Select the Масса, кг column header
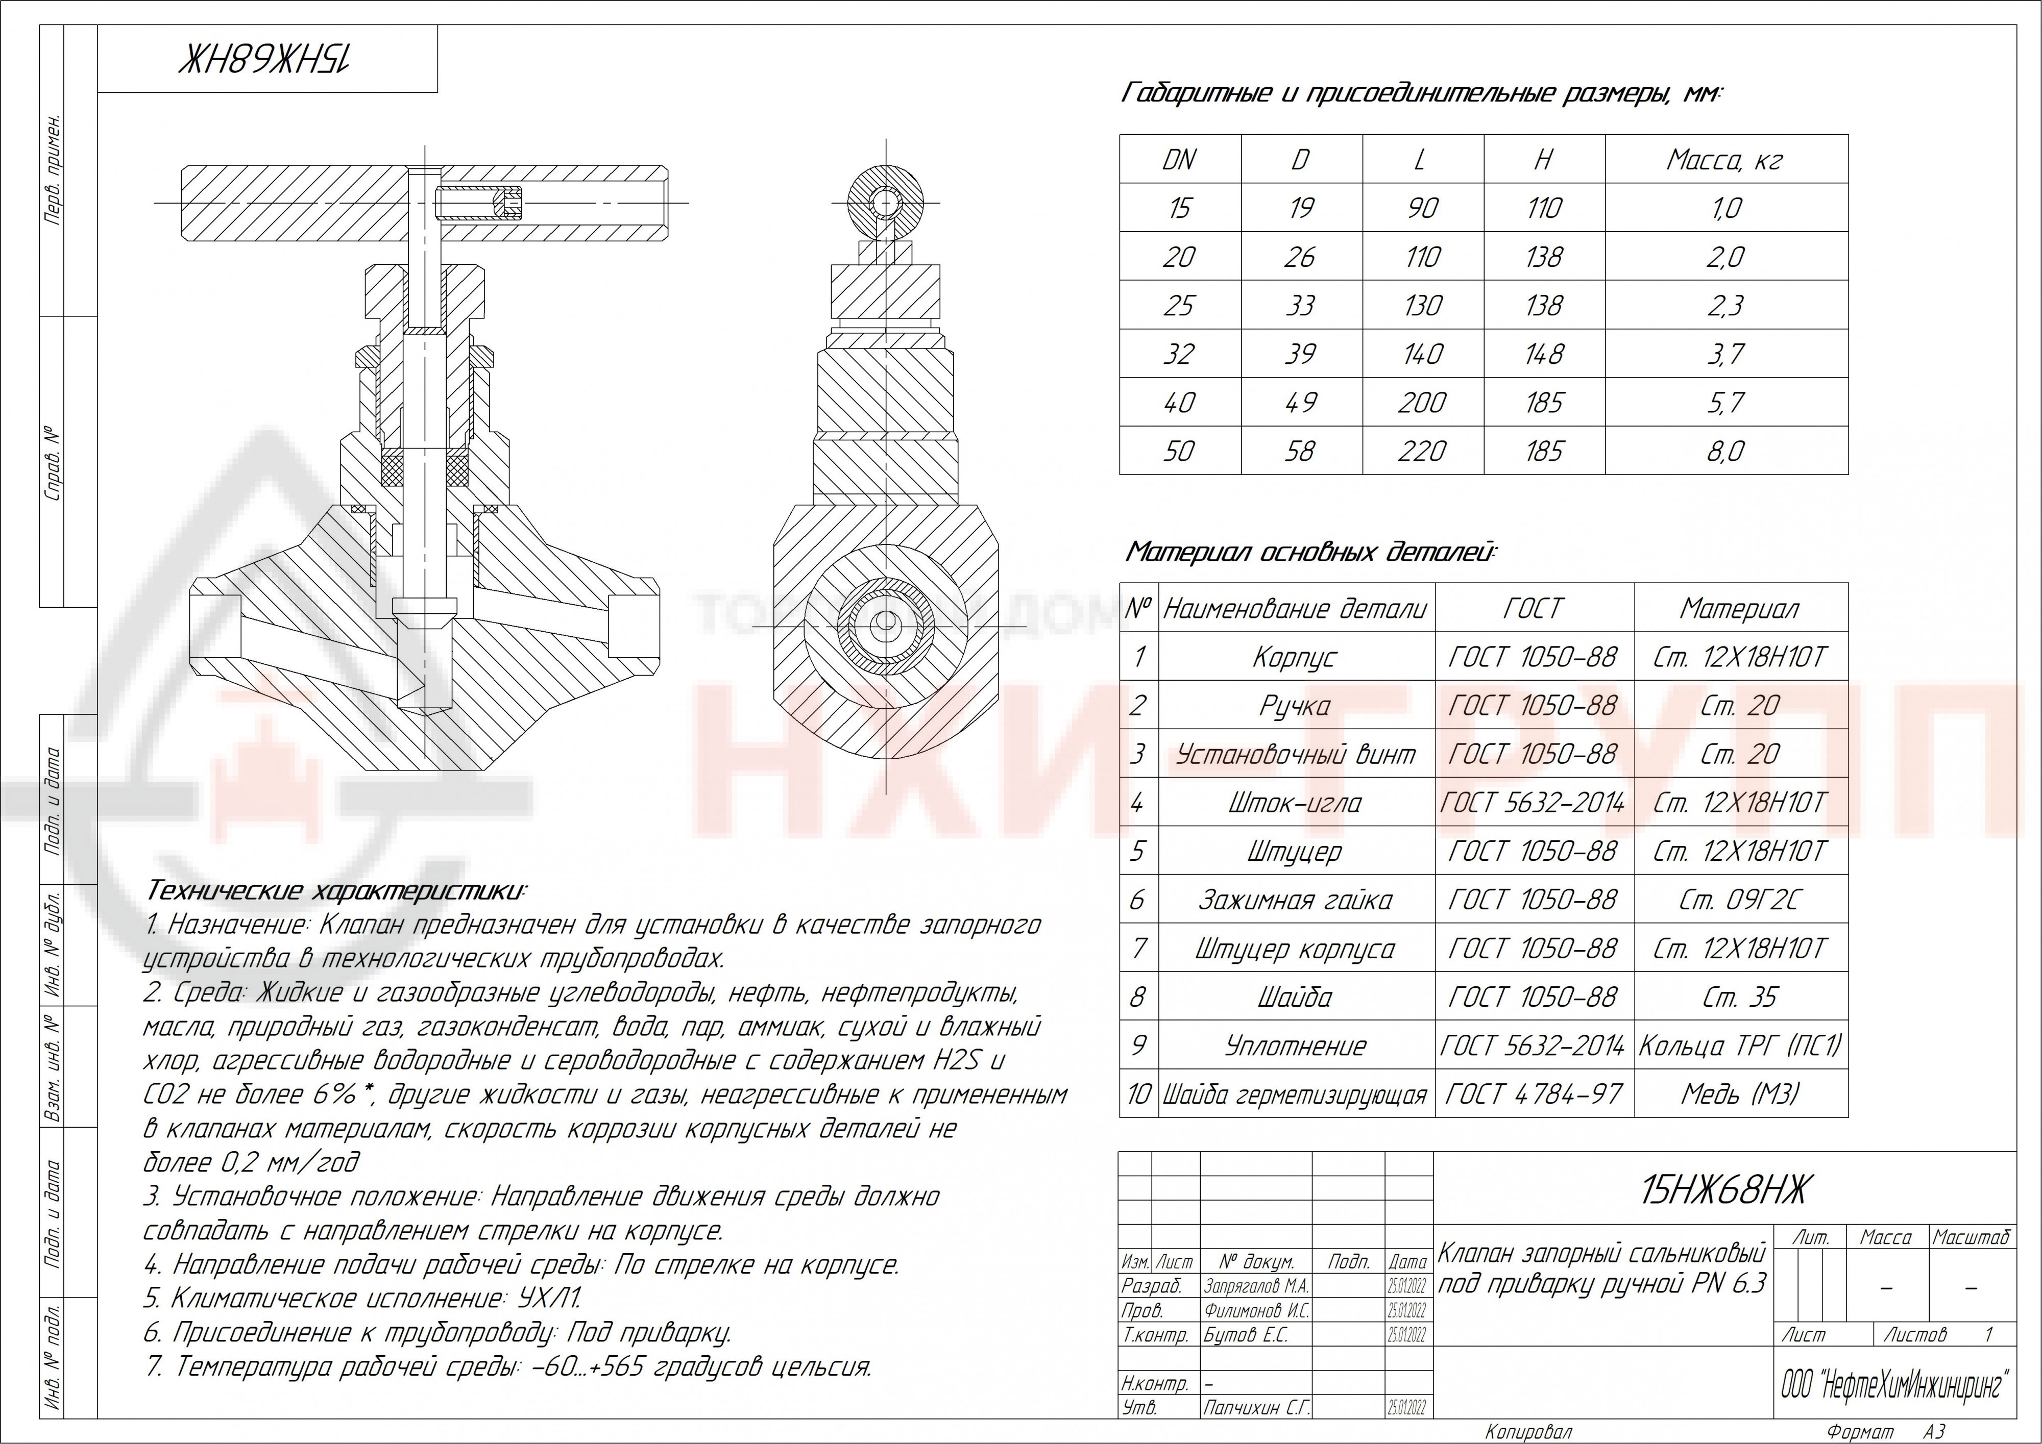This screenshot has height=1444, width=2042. pos(1725,160)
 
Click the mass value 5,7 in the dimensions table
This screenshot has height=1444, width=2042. pos(1725,403)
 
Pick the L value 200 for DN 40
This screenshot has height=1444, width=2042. pos(1422,403)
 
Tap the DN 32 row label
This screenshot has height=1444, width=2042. pos(1178,354)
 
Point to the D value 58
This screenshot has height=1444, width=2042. pos(1300,451)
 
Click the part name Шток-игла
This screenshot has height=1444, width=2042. pos(1295,803)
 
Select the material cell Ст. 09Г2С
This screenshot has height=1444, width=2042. pos(1740,900)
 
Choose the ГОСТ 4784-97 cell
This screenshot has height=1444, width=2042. pos(1534,1093)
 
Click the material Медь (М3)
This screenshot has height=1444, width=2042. pos(1740,1093)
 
